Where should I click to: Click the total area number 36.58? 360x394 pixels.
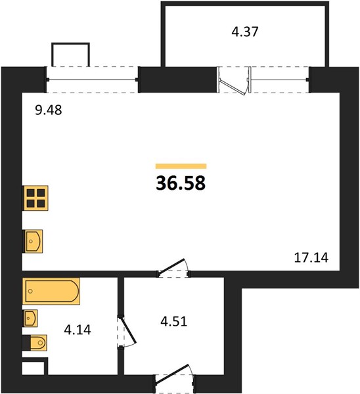181,183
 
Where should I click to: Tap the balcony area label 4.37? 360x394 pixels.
245,32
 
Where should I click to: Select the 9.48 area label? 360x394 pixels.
48,110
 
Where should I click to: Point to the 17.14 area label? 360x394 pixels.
311,257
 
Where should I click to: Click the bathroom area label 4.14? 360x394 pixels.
78,330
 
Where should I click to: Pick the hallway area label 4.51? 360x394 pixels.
174,322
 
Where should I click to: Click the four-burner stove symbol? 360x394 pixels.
35,198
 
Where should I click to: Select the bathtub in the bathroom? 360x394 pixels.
51,291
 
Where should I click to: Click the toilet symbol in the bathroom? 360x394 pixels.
35,343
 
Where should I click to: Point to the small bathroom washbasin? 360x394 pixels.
30,318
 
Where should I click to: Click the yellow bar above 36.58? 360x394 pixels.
181,166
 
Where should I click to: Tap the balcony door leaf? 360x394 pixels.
233,87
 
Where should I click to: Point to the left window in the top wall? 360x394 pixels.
92,80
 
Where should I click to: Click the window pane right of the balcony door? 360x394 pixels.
279,80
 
